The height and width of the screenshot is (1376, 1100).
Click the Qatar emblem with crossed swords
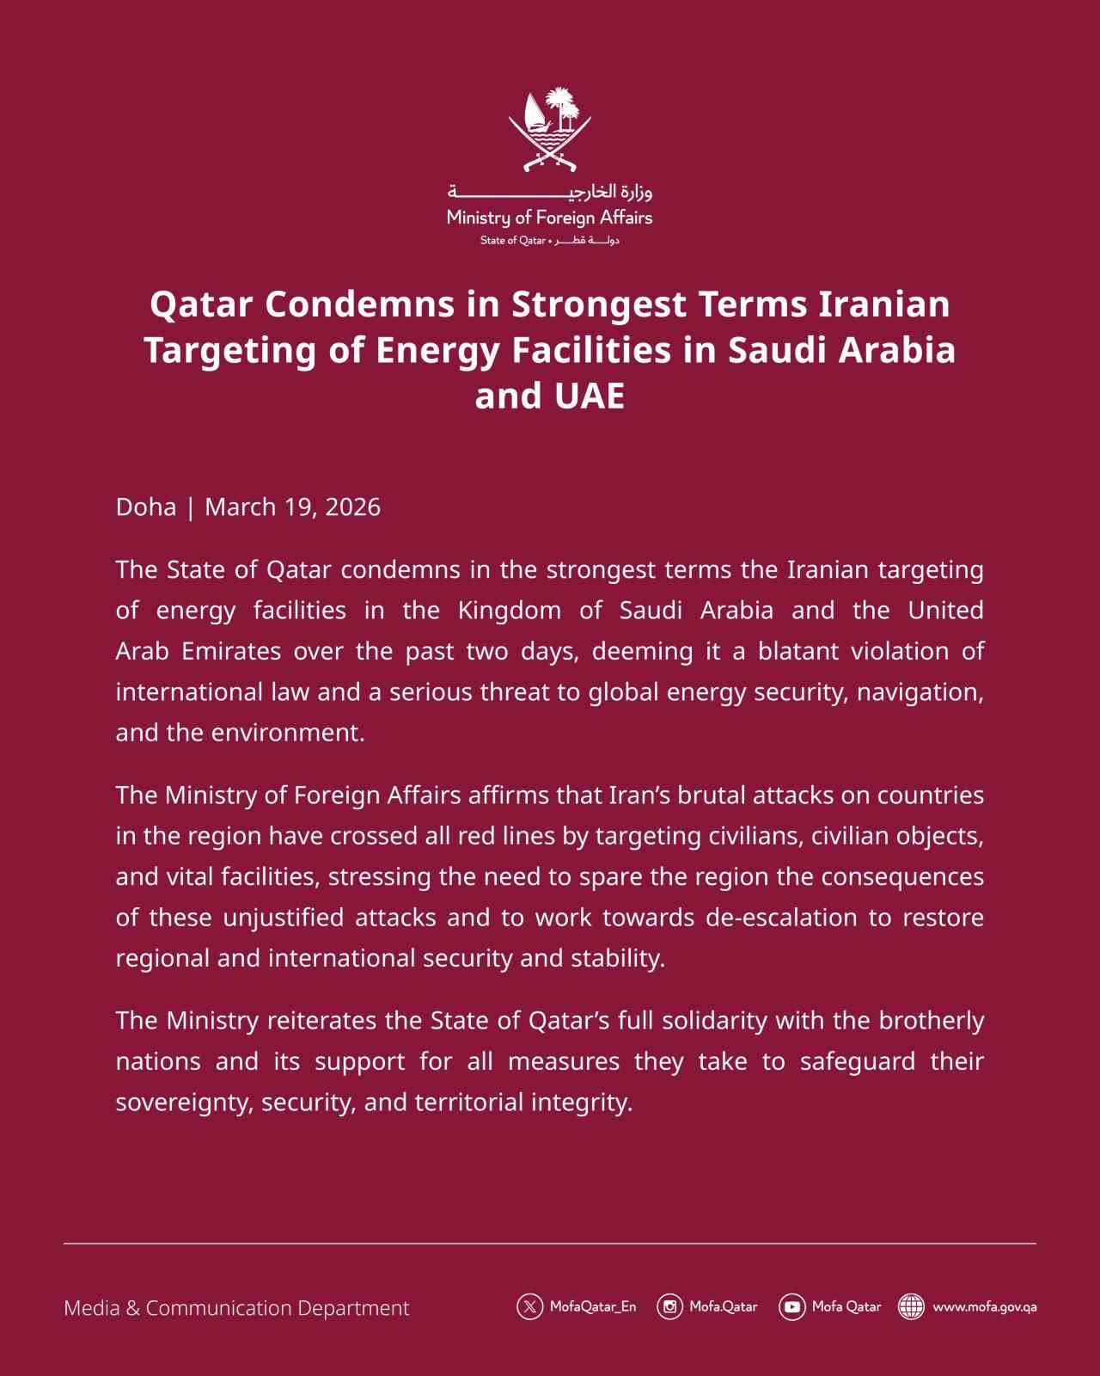(x=550, y=129)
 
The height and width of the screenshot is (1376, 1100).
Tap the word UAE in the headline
(x=589, y=396)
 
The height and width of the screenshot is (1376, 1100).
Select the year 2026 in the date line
(x=353, y=507)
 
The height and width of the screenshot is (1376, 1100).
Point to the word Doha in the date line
(x=146, y=507)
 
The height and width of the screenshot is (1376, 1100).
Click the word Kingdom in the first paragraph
(x=509, y=611)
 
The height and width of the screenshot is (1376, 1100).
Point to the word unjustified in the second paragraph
(x=284, y=918)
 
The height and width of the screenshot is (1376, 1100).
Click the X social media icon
(x=529, y=1307)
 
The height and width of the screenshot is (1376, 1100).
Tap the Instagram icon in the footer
(x=669, y=1307)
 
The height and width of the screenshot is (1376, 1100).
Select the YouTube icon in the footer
(x=791, y=1307)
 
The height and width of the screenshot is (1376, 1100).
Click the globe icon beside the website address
(x=911, y=1307)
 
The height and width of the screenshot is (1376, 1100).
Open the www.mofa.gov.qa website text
(x=985, y=1307)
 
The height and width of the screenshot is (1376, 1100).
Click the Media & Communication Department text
(x=236, y=1308)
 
